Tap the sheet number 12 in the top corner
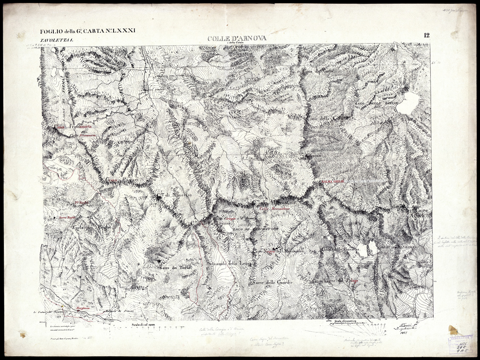(426, 35)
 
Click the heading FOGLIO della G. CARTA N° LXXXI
(88, 31)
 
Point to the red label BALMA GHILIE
(333, 181)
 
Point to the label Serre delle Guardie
(273, 282)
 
